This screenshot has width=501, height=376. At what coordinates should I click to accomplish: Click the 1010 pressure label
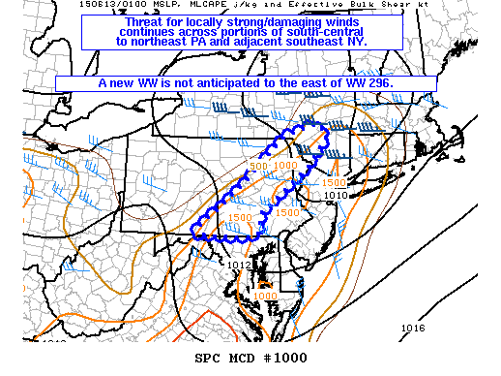point(336,195)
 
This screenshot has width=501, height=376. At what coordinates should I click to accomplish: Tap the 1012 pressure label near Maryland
point(239,264)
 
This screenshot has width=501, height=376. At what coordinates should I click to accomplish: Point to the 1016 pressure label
point(413,328)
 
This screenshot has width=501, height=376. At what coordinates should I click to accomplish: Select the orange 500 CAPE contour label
point(258,166)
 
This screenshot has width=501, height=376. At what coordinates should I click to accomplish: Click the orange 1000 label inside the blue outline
point(286,166)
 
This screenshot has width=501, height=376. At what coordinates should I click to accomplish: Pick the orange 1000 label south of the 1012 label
point(264,296)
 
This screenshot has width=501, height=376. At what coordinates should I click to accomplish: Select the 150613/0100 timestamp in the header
point(96,6)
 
